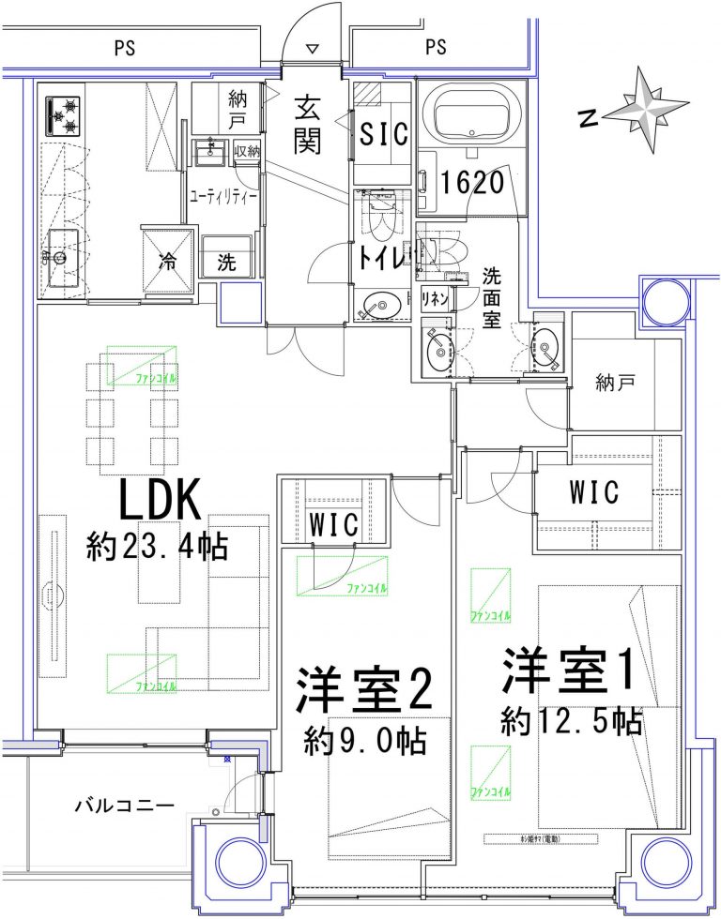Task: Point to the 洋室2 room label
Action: [x=365, y=692]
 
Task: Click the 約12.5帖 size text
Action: [x=571, y=721]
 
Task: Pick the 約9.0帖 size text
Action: [x=365, y=742]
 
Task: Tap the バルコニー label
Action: [x=124, y=806]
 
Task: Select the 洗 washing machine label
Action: [x=226, y=264]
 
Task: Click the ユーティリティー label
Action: [x=223, y=196]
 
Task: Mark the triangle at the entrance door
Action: [x=314, y=49]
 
